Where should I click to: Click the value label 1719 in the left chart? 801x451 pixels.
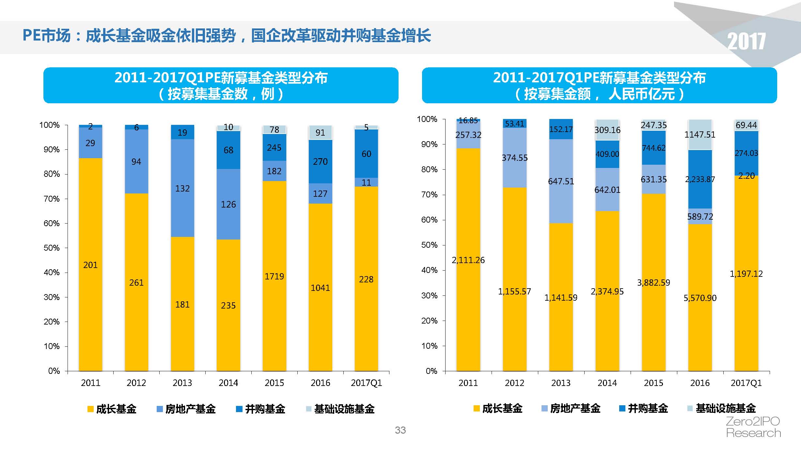click(274, 276)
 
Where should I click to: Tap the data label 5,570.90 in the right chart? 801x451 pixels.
click(700, 298)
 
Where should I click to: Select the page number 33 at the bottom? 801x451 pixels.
click(400, 430)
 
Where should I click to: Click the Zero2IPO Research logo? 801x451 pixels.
click(753, 427)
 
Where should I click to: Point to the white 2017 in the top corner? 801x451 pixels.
click(746, 42)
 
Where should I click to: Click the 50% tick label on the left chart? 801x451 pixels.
click(52, 248)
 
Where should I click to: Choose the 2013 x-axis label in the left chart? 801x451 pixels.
click(182, 383)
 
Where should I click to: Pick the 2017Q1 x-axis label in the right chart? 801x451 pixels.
click(746, 383)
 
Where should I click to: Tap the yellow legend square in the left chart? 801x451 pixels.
click(90, 409)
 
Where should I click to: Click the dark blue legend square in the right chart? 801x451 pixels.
click(622, 408)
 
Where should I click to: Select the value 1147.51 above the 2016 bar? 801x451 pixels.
click(700, 135)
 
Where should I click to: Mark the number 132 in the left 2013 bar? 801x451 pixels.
click(182, 189)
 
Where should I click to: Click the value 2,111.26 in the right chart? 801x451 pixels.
click(468, 260)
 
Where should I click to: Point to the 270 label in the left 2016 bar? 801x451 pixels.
click(320, 162)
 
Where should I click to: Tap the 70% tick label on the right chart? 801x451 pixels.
click(429, 195)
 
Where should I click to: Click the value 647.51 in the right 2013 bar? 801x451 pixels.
click(561, 181)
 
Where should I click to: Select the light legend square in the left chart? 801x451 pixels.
click(309, 409)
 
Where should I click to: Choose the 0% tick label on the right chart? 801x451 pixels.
click(431, 371)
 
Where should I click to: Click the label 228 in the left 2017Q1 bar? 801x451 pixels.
click(366, 279)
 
